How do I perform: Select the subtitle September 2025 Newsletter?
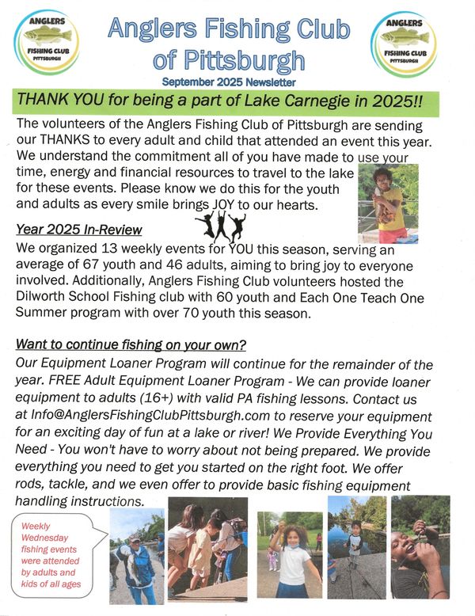click(x=230, y=82)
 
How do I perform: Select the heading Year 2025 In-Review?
click(x=79, y=230)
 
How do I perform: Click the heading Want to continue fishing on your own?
click(x=131, y=345)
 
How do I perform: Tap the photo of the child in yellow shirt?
click(x=387, y=204)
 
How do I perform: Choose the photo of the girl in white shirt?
click(x=290, y=554)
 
